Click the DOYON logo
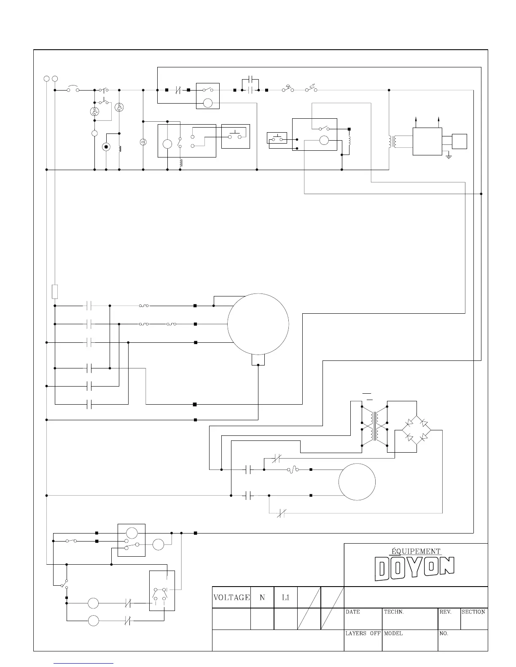(x=415, y=568)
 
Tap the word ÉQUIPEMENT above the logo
(x=416, y=551)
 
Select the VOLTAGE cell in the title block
(x=231, y=597)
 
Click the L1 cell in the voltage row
(x=285, y=597)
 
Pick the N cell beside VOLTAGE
(x=262, y=597)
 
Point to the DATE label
(x=353, y=612)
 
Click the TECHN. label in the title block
(x=394, y=612)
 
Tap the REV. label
(x=446, y=612)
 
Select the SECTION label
(x=473, y=612)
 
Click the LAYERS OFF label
(x=363, y=633)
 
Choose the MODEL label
(x=393, y=633)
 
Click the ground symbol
(x=449, y=157)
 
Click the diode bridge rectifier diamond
(x=416, y=430)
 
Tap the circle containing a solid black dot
(x=106, y=147)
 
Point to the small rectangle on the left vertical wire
(x=55, y=291)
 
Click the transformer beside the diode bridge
(x=374, y=426)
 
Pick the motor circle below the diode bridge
(x=357, y=482)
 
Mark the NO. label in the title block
(x=444, y=633)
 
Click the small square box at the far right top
(x=460, y=141)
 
